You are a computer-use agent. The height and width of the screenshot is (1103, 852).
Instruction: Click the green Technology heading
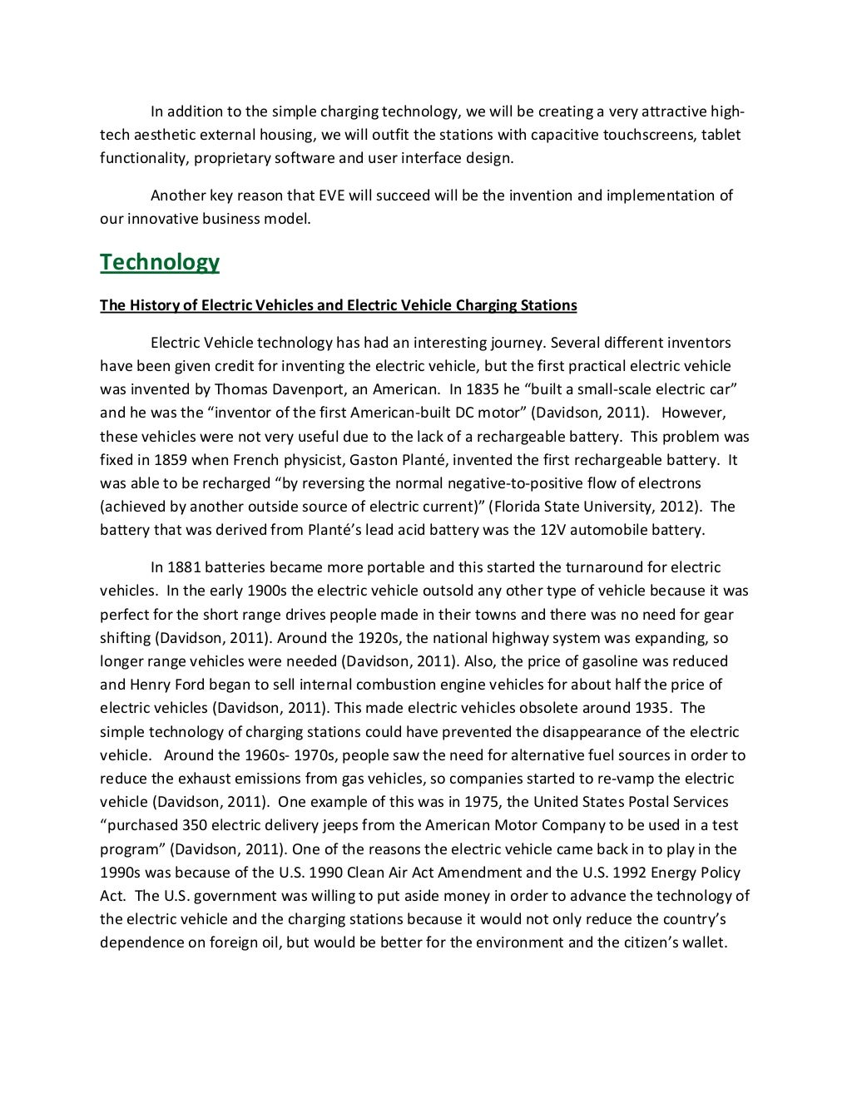pos(160,262)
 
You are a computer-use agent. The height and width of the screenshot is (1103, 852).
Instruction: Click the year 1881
pos(185,567)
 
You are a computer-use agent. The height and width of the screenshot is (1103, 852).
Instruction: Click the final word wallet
pos(702,943)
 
